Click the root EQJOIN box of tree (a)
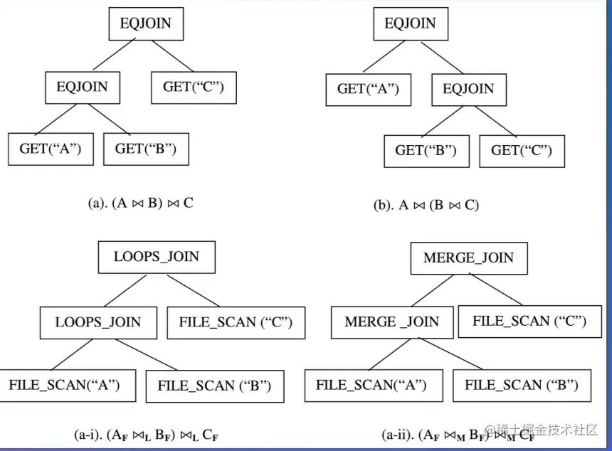[x=146, y=23]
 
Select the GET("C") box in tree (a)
[x=193, y=87]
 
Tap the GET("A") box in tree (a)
[x=51, y=149]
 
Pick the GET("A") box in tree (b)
[x=368, y=89]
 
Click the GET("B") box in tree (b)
[x=426, y=151]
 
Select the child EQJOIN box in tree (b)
[x=468, y=89]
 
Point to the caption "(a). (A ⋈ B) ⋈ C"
[x=140, y=203]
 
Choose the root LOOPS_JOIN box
[x=157, y=257]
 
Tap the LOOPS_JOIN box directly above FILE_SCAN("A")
[x=98, y=322]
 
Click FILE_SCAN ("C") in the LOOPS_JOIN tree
[x=236, y=322]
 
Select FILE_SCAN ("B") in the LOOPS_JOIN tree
[x=214, y=386]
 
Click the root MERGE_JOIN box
[x=468, y=258]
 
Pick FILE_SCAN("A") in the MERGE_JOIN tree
[x=371, y=385]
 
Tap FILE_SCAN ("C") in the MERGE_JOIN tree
[x=529, y=321]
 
